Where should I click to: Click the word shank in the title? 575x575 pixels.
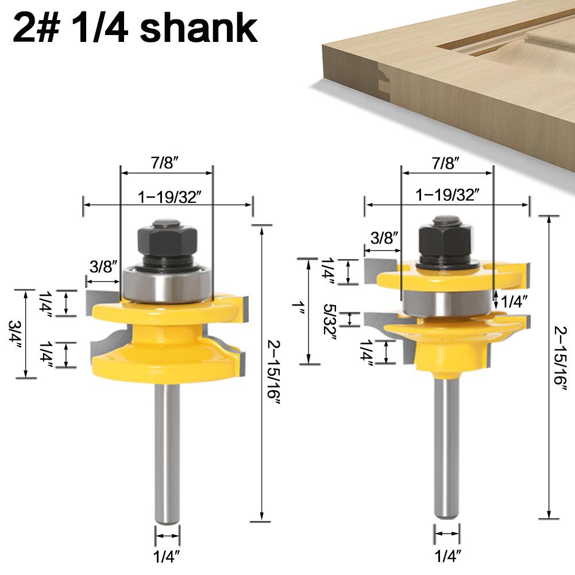point(199,28)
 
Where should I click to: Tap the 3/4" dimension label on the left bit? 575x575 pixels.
point(16,334)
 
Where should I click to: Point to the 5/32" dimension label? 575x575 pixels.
point(330,319)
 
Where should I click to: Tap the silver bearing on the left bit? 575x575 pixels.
point(167,284)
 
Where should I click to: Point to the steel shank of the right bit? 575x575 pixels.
point(447,447)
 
